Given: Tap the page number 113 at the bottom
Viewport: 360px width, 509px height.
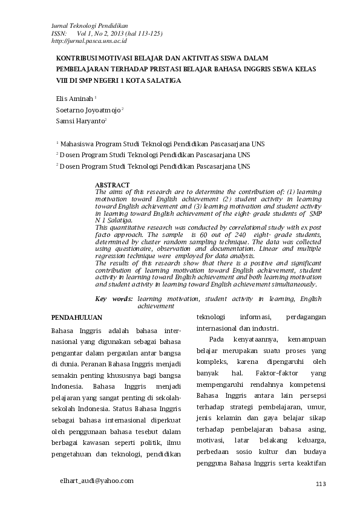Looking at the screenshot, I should click(x=321, y=484).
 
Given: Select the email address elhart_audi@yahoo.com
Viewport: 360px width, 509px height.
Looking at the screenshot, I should click(x=96, y=480).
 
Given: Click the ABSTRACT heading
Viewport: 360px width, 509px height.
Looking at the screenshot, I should click(x=113, y=184).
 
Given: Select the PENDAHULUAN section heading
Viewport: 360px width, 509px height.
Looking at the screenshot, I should click(x=76, y=317).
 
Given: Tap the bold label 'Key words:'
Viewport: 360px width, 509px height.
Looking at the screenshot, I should click(x=114, y=299).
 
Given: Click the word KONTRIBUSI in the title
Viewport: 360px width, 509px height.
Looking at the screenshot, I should click(x=77, y=58).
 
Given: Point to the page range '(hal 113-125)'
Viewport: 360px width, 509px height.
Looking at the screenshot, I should click(x=143, y=34).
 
